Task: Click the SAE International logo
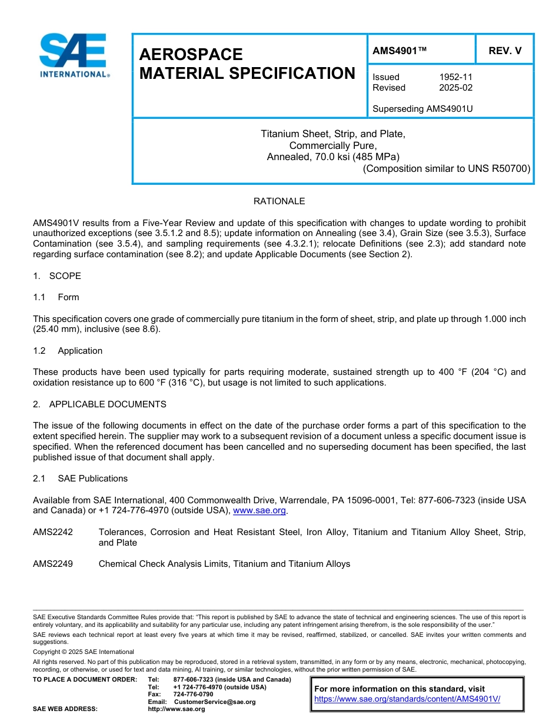[74, 56]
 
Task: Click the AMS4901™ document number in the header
[400, 51]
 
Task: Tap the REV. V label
[505, 51]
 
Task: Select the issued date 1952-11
[455, 77]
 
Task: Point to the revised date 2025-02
[455, 88]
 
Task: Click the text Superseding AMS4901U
[422, 109]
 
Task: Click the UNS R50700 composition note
[447, 168]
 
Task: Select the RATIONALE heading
[279, 201]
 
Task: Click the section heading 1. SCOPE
[57, 276]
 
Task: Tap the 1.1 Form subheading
[56, 297]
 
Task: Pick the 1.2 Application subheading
[68, 351]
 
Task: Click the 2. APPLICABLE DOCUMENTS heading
[99, 404]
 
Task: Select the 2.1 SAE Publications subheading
[80, 479]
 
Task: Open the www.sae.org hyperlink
[259, 511]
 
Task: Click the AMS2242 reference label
[53, 532]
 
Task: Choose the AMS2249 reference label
[53, 564]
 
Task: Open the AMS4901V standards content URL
[407, 699]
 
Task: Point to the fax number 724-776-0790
[193, 695]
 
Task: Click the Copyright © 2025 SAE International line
[84, 652]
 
